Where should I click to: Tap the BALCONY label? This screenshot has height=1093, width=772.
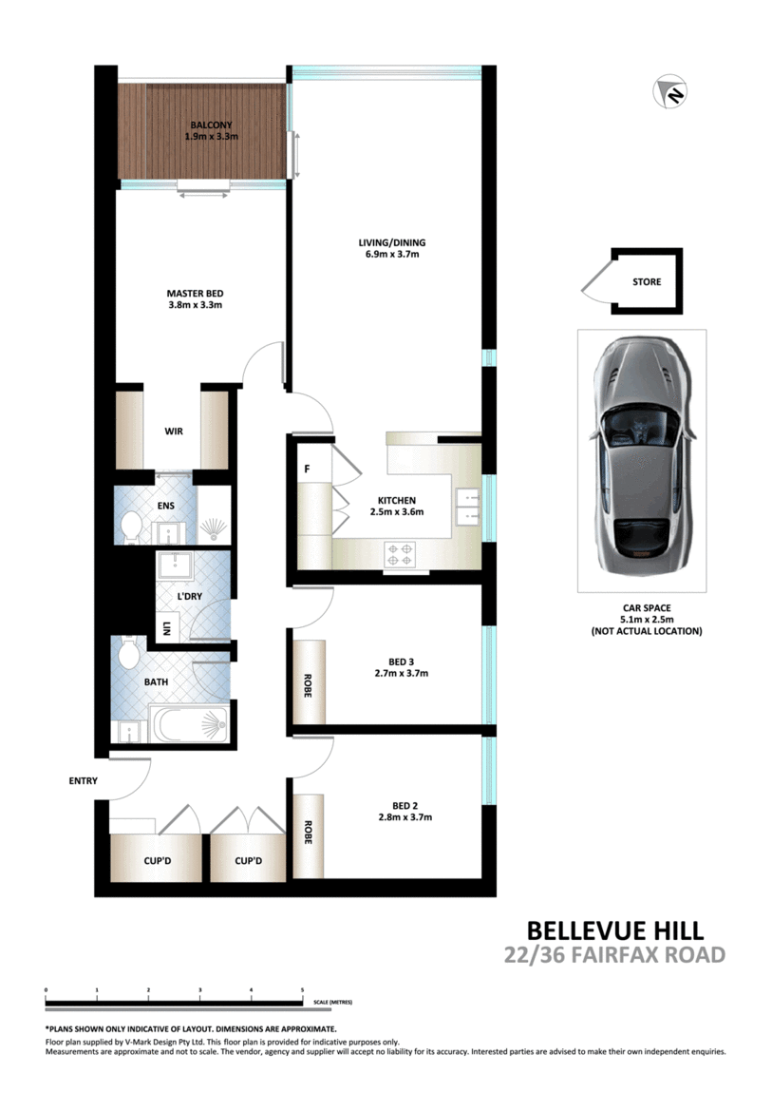coord(211,125)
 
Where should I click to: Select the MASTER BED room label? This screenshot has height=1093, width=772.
coord(195,294)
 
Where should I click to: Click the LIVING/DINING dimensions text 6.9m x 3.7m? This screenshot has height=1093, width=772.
coord(392,255)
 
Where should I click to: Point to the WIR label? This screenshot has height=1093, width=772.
coord(174,431)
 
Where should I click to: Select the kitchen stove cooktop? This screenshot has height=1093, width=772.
coord(400,555)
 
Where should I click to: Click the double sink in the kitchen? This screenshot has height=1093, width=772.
coord(467,506)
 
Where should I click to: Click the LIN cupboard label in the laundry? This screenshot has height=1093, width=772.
coord(166,629)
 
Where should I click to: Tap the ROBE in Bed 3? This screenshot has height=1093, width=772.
coord(309,682)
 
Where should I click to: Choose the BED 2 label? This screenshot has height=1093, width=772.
coord(405,806)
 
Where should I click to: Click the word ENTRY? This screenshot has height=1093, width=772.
coord(83,780)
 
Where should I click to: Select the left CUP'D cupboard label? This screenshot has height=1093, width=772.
coord(158,861)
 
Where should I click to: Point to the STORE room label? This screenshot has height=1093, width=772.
coord(647,281)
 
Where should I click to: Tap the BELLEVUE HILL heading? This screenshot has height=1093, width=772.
coord(614,930)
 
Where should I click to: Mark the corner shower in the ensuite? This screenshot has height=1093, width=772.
coord(214,514)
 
